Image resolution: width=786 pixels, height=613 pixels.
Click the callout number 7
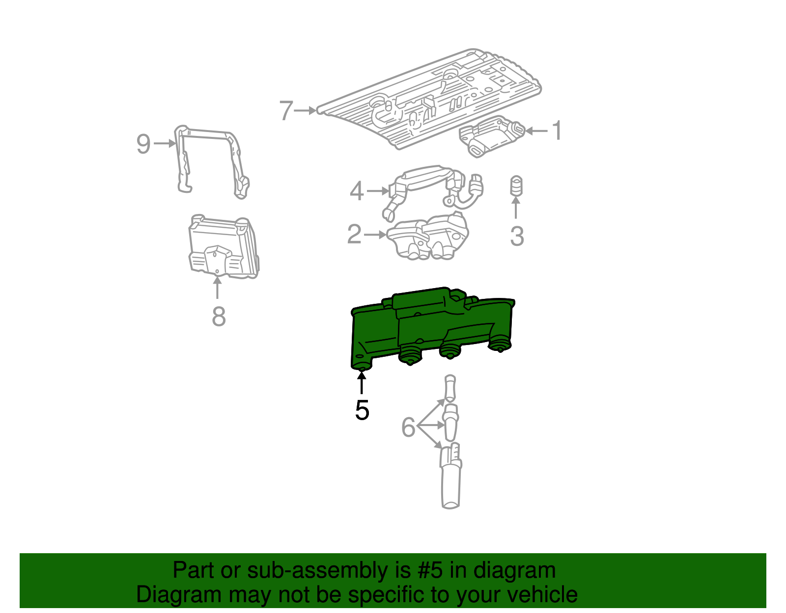(x=286, y=110)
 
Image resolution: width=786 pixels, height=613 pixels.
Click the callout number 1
(x=557, y=131)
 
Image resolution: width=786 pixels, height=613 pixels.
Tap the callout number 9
(x=143, y=144)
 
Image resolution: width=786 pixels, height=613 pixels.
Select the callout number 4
(x=357, y=191)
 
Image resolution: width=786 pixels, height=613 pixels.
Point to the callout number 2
(x=354, y=235)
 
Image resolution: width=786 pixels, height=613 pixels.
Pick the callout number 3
(x=517, y=236)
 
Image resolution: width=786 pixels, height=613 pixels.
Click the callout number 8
(x=219, y=317)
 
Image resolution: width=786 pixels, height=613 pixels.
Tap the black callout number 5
(x=362, y=410)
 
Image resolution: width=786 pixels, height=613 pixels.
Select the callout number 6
(x=408, y=427)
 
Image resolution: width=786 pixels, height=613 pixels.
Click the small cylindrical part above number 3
(x=516, y=186)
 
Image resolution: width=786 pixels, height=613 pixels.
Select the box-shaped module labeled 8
(x=224, y=248)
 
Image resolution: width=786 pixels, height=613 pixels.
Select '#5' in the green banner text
(x=431, y=571)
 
